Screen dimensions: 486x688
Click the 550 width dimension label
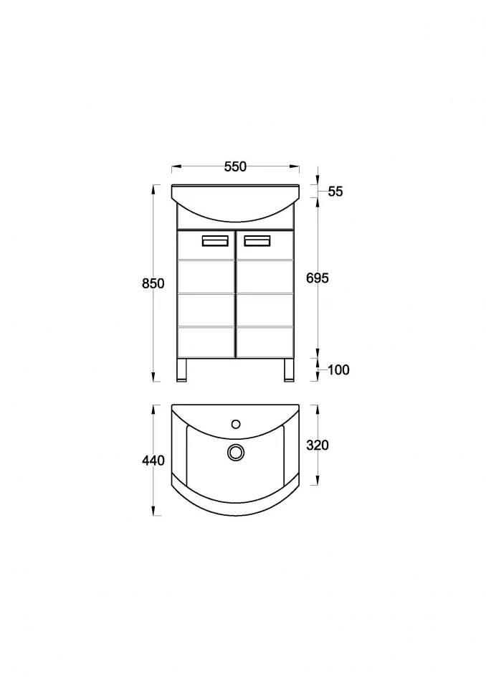tap(235, 166)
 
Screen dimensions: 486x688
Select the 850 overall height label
tap(153, 283)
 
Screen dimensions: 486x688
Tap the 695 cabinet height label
tap(318, 278)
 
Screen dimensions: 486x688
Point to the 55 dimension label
tap(335, 192)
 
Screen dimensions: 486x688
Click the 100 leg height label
tap(338, 370)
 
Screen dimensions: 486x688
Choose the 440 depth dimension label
tap(153, 461)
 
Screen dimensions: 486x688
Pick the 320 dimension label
tap(318, 445)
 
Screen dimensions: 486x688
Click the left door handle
tap(215, 240)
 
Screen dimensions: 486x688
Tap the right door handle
tap(257, 240)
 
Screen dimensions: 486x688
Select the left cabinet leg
tap(182, 370)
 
